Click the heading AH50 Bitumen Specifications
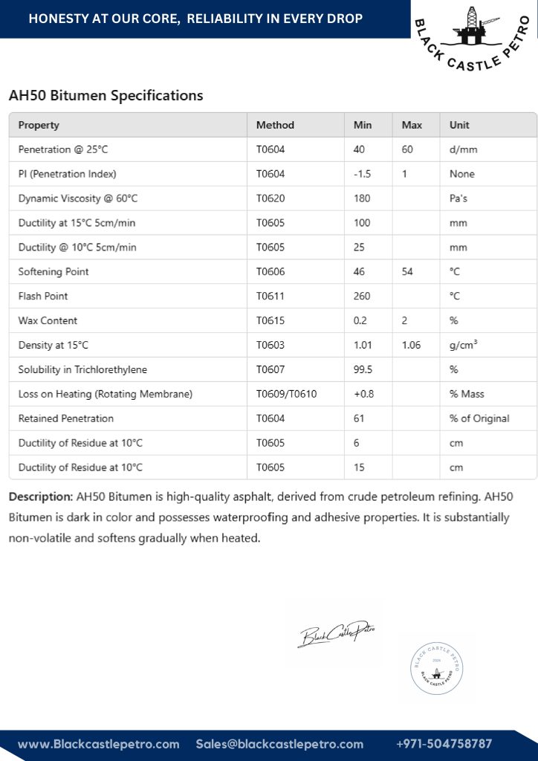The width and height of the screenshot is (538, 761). pyautogui.click(x=106, y=96)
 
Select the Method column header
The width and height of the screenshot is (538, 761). pyautogui.click(x=275, y=125)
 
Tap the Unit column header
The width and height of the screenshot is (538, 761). pyautogui.click(x=459, y=125)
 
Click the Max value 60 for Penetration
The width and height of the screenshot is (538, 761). pyautogui.click(x=407, y=149)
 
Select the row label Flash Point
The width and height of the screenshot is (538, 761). pyautogui.click(x=43, y=296)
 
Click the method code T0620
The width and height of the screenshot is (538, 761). pyautogui.click(x=270, y=198)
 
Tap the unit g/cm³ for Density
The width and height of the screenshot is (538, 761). pyautogui.click(x=464, y=345)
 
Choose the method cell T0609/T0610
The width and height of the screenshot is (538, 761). pyautogui.click(x=286, y=394)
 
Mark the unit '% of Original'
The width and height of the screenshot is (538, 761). pyautogui.click(x=479, y=418)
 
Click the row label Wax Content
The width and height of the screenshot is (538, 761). pyautogui.click(x=48, y=320)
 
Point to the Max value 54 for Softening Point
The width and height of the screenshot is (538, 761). pyautogui.click(x=407, y=271)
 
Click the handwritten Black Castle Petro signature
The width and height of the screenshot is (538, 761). pyautogui.click(x=337, y=634)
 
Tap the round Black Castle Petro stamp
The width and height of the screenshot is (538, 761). pyautogui.click(x=436, y=668)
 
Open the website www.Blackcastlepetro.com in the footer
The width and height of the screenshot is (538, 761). pyautogui.click(x=99, y=744)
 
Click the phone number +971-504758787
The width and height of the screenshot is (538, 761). pyautogui.click(x=444, y=744)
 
